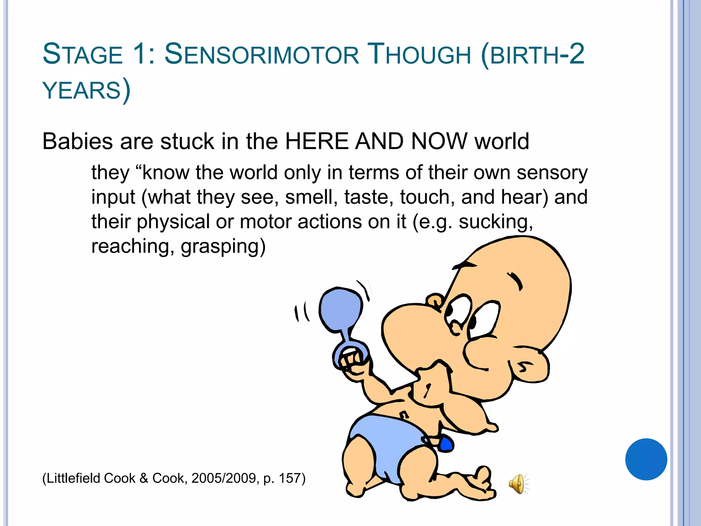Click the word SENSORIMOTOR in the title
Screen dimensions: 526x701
tap(262, 55)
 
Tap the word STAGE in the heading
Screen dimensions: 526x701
tap(82, 55)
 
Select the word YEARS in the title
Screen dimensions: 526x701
tap(82, 91)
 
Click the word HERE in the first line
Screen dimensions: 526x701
tap(317, 141)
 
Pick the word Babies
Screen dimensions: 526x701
tap(77, 141)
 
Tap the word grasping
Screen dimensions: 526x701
tap(223, 247)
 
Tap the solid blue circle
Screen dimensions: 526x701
tap(646, 459)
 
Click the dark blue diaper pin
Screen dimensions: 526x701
tap(446, 444)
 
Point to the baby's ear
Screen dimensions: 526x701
tap(528, 366)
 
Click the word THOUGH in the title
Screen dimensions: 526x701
tap(419, 55)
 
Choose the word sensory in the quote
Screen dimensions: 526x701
tap(552, 173)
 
